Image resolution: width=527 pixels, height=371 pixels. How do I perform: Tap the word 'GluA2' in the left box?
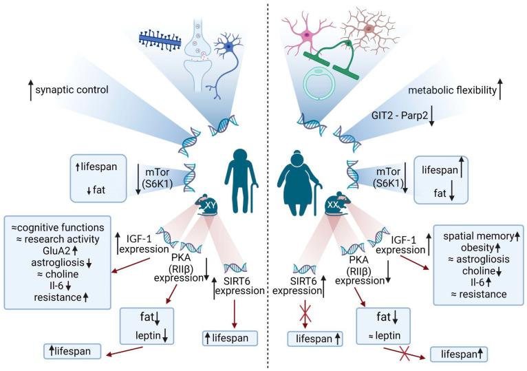pos(52,252)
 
